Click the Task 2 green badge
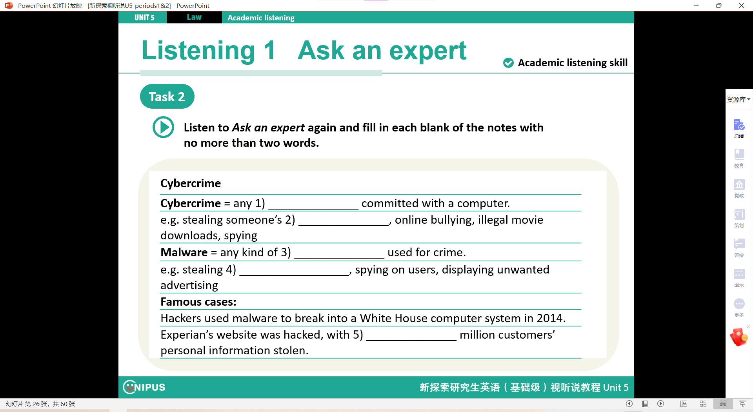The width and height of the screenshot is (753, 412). coord(167,97)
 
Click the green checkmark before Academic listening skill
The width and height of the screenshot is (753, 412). coord(508,63)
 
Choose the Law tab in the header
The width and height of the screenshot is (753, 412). coord(194,17)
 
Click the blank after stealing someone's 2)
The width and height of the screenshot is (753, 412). coord(344,225)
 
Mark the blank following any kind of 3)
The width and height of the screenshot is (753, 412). coord(339,257)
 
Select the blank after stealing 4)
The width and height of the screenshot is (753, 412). coord(294,275)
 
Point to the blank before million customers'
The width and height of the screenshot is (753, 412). coord(411,340)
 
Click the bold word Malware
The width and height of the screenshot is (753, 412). coord(184,252)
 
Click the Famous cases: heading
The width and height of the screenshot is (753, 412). coord(198,302)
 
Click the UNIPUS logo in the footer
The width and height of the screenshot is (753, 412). coord(144,387)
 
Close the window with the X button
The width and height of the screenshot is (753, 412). coord(741,5)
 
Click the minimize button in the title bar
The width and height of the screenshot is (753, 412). coord(696,5)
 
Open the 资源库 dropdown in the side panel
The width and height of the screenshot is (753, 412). coord(738,100)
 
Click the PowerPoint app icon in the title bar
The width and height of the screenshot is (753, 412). coord(9,5)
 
